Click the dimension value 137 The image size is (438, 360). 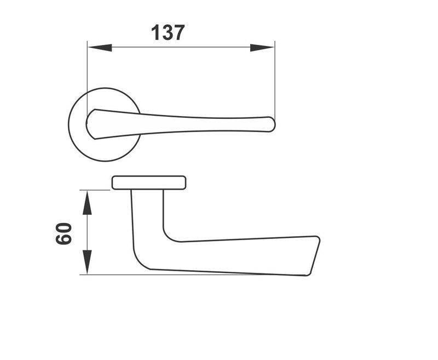coord(168,33)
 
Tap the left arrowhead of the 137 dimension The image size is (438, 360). coord(99,48)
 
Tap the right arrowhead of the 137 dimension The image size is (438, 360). coord(262,48)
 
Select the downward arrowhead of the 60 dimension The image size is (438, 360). coord(87,261)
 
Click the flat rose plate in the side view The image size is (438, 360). coord(149,182)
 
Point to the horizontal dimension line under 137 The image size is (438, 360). coord(181,48)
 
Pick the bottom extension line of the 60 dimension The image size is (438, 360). coord(109,274)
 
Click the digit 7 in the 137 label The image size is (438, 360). coord(178,33)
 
